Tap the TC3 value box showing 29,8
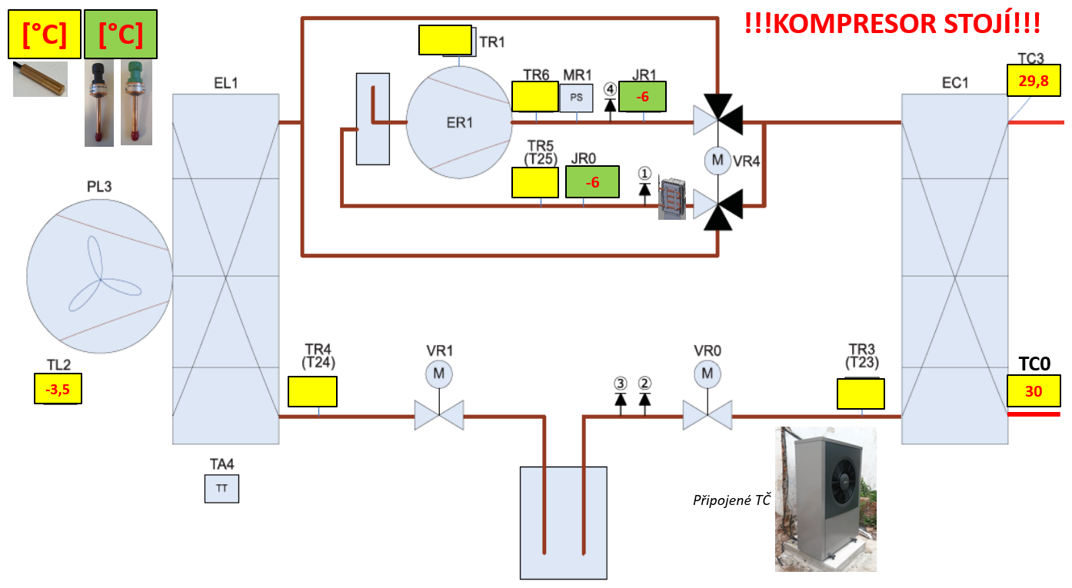point(1033,80)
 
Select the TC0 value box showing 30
point(1033,391)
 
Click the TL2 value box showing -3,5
point(58,389)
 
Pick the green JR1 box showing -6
point(642,97)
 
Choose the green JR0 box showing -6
point(592,183)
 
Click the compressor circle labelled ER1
point(459,122)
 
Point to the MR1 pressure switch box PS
point(576,98)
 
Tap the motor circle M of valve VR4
point(717,161)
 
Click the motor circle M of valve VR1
point(439,374)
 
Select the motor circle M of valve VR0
point(707,374)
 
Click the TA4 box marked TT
point(221,488)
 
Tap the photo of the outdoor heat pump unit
point(826,500)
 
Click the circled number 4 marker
point(611,89)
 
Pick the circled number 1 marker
point(645,174)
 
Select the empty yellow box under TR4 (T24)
point(312,391)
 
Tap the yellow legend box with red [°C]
point(45,35)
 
